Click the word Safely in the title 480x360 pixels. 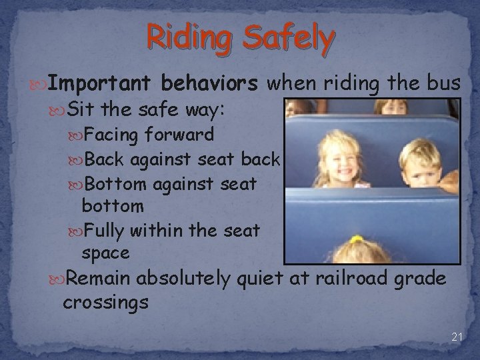click(x=287, y=39)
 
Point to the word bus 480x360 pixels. click(x=444, y=83)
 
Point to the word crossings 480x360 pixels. click(x=105, y=301)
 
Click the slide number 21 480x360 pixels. click(x=457, y=337)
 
